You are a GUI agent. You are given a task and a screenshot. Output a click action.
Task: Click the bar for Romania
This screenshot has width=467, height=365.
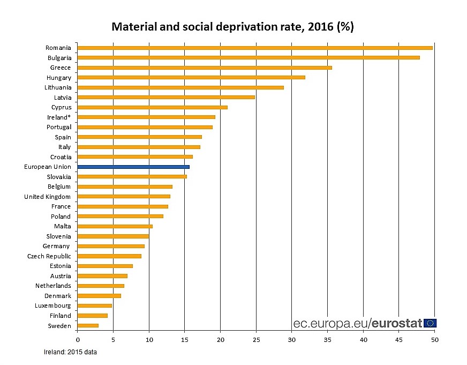click(255, 48)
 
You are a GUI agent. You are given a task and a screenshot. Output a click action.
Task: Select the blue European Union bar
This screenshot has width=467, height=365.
click(133, 167)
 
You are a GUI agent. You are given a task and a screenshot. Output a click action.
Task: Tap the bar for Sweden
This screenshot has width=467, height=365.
click(88, 325)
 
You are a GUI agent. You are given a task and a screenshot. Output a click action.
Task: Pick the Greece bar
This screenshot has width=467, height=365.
click(205, 68)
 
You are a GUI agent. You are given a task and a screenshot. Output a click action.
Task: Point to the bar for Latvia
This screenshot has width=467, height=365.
click(166, 97)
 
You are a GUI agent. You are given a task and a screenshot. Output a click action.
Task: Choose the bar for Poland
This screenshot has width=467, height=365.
click(120, 217)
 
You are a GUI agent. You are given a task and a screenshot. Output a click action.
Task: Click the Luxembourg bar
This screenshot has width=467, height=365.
click(95, 306)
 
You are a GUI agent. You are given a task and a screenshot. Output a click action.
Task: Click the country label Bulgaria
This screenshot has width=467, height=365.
click(58, 58)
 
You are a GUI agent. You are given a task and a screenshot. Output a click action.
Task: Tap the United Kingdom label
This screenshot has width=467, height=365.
click(47, 197)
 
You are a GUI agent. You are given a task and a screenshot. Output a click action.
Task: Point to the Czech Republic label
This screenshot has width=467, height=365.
click(49, 256)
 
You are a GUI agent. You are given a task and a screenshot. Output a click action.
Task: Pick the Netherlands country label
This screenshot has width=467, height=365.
click(53, 286)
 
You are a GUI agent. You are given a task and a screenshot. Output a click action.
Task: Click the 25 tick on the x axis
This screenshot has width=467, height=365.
click(256, 340)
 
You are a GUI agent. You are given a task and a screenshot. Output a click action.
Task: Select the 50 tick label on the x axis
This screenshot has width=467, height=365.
click(435, 340)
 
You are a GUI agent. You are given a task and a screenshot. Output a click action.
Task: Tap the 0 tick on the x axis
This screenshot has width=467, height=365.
click(78, 340)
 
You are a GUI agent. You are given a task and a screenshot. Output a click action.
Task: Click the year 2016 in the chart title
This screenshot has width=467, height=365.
click(320, 26)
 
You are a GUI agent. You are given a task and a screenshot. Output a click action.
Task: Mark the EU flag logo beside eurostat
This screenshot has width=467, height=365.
click(430, 323)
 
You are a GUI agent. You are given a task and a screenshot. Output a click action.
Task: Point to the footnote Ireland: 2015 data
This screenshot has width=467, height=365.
click(70, 352)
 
